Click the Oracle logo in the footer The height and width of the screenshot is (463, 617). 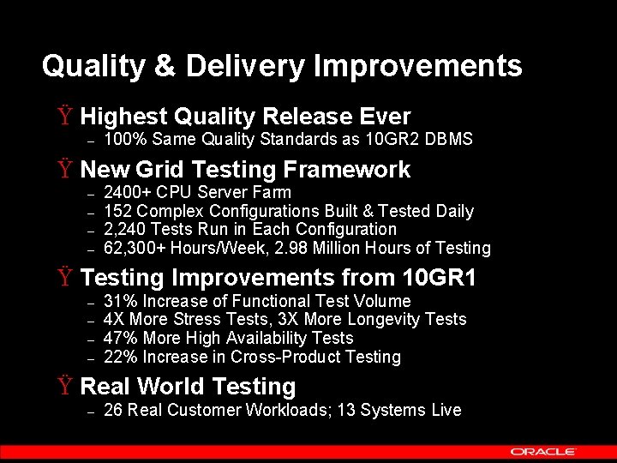point(543,451)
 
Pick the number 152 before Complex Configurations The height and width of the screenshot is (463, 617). point(117,211)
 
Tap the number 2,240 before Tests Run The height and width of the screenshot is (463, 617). point(122,229)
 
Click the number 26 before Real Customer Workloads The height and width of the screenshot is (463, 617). point(112,410)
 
